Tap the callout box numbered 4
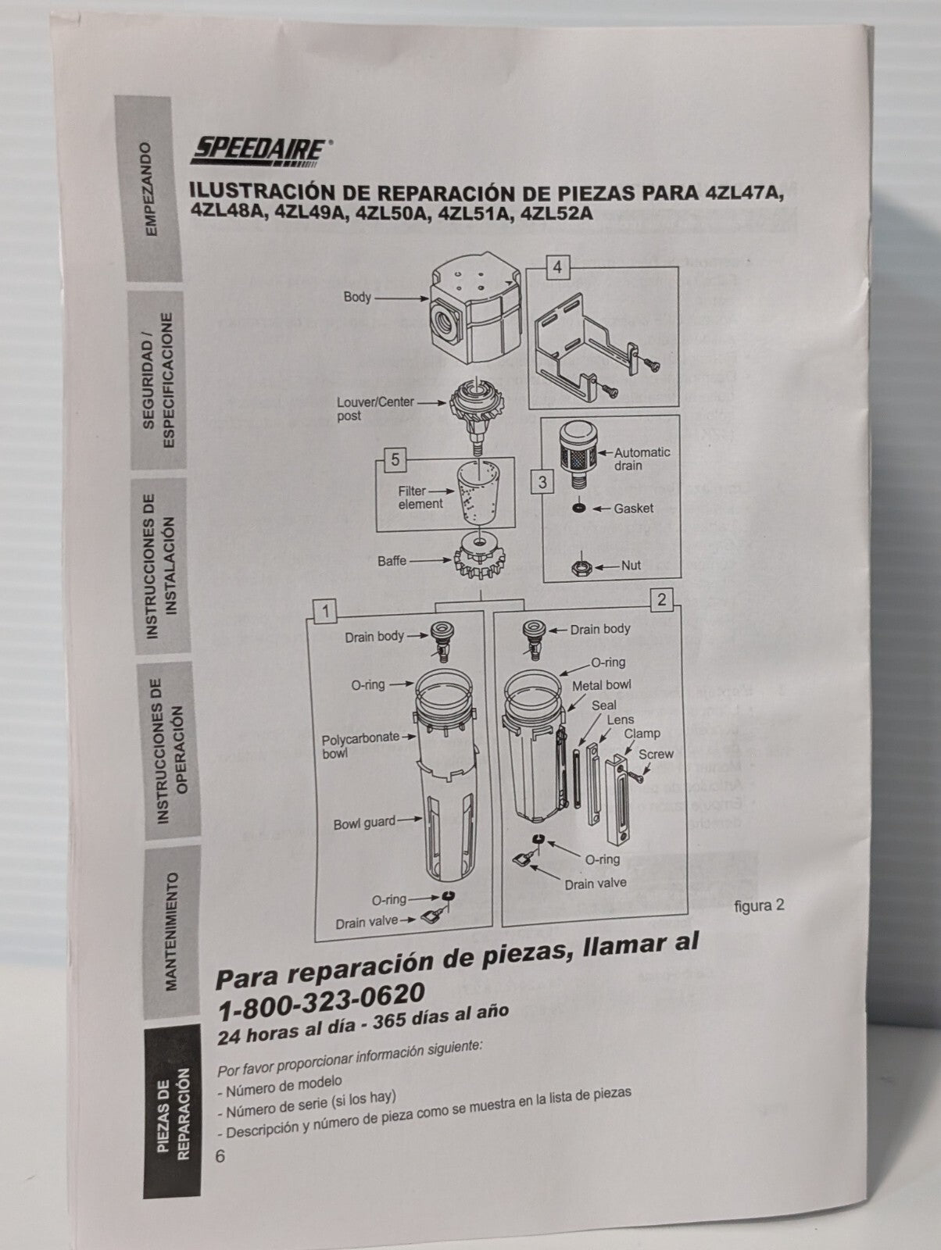coord(557,268)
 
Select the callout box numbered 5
coord(395,460)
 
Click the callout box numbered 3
coord(543,482)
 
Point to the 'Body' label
coord(357,298)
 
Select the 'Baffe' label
coord(392,561)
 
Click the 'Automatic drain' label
coord(641,459)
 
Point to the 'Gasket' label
coord(633,509)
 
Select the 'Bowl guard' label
coord(364,823)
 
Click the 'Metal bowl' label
coord(601,685)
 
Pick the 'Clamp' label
coord(641,734)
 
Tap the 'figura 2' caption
coord(759,905)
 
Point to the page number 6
coord(220,1155)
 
